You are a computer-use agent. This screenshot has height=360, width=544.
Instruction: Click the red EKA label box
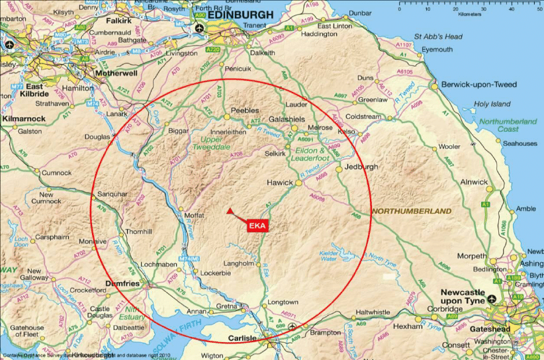click(257, 226)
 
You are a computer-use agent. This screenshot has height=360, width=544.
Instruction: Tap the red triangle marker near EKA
click(230, 211)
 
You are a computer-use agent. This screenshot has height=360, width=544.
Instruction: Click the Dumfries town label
click(122, 284)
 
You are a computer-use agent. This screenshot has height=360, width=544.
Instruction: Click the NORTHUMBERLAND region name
click(411, 211)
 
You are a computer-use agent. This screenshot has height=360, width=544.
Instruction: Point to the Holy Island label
click(492, 104)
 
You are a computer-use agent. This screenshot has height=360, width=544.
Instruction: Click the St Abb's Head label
click(438, 36)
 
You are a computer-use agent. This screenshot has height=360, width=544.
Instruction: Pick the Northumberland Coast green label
click(508, 126)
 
